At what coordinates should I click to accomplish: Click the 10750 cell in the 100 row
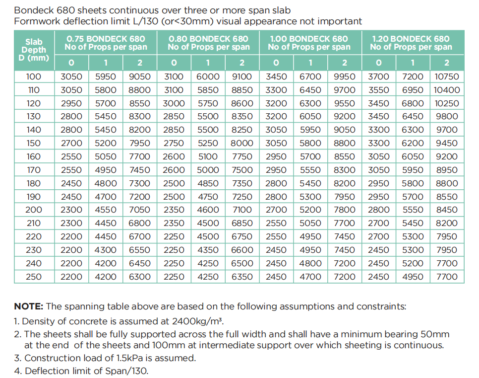(447, 76)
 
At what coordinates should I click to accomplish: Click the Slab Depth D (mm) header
(34, 50)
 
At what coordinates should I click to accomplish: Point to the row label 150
(34, 143)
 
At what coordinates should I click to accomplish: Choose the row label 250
(34, 277)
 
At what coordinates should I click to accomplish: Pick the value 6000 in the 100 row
(208, 76)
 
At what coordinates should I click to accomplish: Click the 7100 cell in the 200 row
(242, 210)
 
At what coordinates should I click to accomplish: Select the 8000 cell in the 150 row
(242, 143)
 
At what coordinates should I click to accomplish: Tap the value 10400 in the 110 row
(447, 90)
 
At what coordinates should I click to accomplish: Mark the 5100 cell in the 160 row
(208, 156)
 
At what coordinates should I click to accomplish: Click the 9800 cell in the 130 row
(447, 116)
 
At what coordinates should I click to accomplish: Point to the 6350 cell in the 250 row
(242, 277)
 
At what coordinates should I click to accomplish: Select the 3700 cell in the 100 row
(378, 76)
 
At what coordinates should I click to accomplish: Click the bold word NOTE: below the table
(29, 306)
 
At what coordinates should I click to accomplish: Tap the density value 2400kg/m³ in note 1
(197, 321)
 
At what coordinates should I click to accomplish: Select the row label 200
(34, 210)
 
